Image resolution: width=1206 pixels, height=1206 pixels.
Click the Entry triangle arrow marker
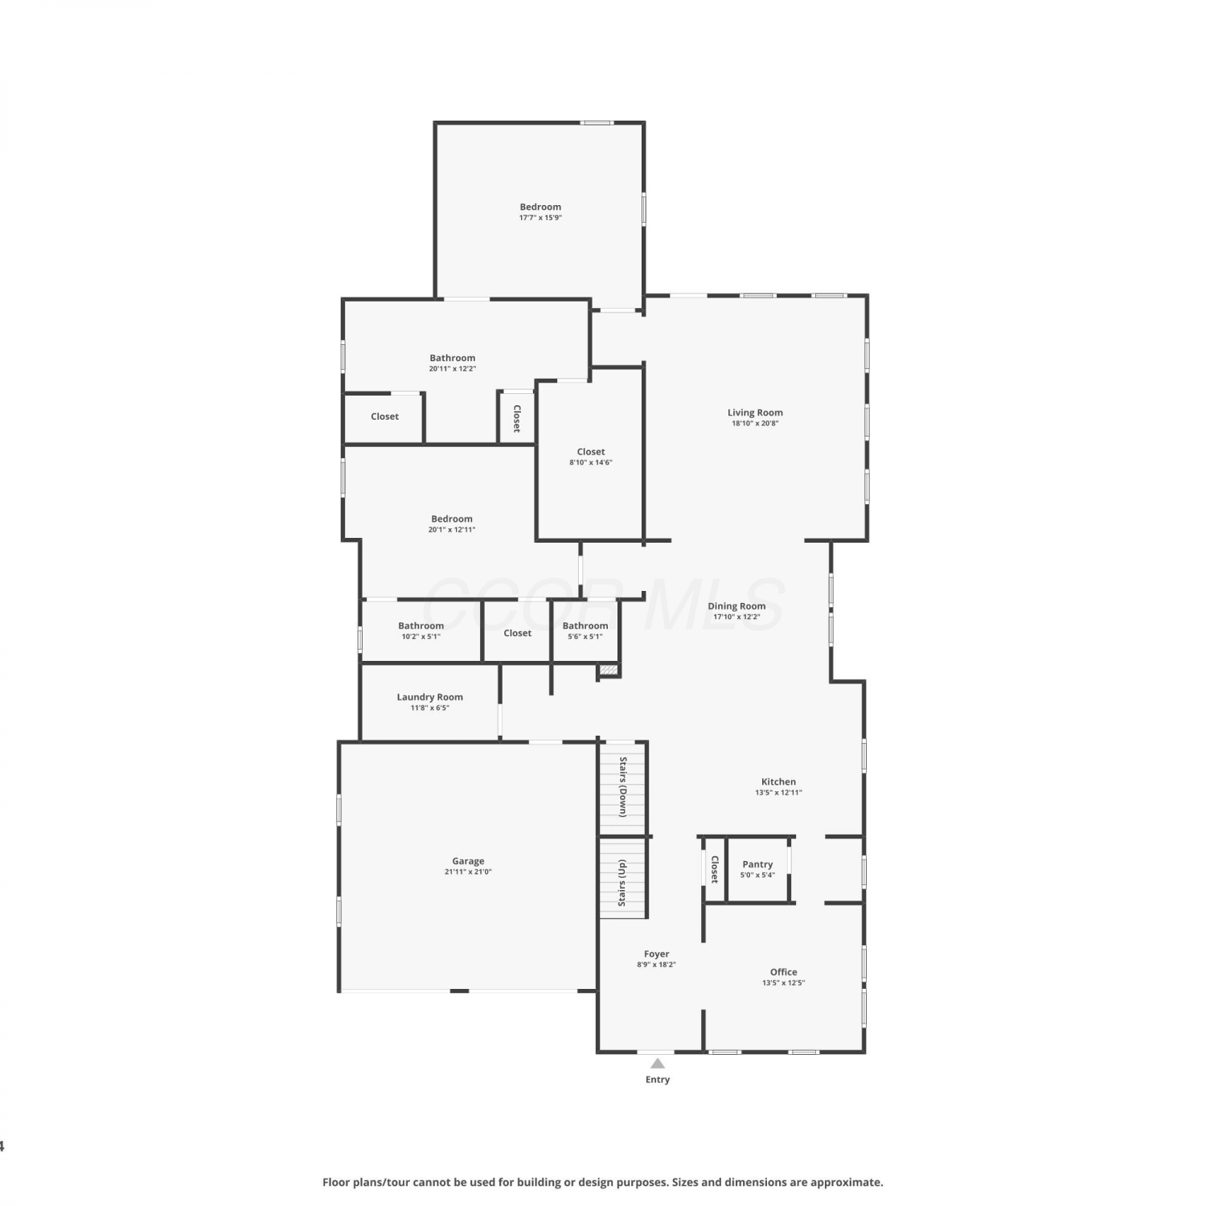coord(658,1063)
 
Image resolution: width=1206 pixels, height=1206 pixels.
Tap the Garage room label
coord(468,861)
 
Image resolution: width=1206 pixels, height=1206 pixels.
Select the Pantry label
coord(757,864)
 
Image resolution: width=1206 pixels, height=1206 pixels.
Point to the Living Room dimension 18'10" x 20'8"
coord(755,423)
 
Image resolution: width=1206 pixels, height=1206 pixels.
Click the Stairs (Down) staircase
coord(623,788)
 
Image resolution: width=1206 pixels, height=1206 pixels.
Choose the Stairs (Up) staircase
coord(623,878)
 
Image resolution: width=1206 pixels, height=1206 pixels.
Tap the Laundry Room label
coord(430,697)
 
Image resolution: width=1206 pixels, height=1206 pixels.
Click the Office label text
coord(784,972)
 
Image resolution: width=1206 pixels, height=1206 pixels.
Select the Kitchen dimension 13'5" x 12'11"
coord(778,793)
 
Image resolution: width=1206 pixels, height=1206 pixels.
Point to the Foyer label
coord(657,954)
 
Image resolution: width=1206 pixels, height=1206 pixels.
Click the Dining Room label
coord(736,606)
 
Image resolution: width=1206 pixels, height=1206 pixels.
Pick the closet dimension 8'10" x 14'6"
coord(591,462)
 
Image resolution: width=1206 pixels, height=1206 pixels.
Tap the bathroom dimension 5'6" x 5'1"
coord(585,636)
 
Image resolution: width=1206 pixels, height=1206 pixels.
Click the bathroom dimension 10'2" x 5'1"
coord(421,636)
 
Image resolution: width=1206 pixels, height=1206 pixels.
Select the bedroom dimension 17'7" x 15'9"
coord(540,217)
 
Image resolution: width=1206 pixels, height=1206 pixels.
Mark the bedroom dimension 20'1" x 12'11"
coord(452,529)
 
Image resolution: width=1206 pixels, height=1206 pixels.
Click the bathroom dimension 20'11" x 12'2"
coord(453,368)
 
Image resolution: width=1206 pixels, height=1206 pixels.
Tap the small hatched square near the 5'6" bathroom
coord(609,669)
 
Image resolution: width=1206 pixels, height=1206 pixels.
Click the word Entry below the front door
coord(658,1079)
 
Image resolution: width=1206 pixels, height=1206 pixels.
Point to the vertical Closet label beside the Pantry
coord(714,869)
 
